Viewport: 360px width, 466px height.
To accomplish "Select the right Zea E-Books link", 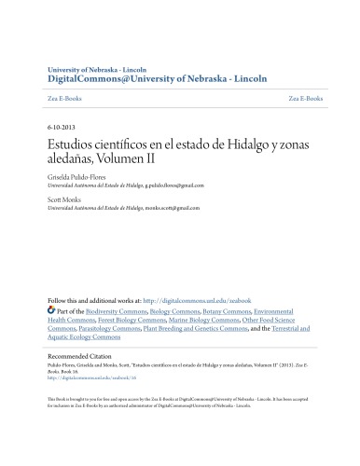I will click(306, 98).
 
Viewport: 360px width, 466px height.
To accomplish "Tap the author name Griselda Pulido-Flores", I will click(81, 176).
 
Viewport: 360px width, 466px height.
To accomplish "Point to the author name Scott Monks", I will click(64, 199).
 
